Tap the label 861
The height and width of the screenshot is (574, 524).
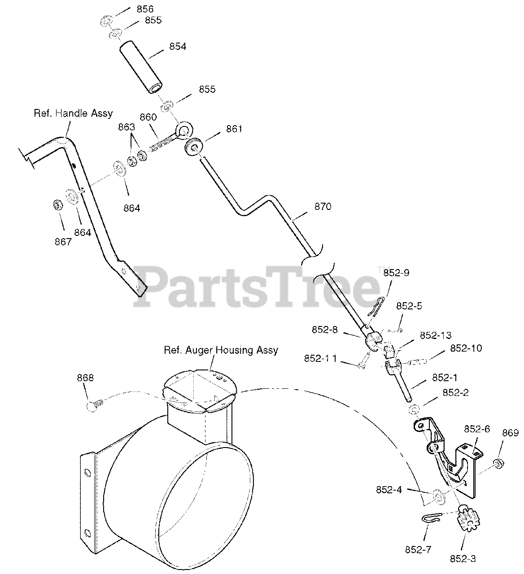[234, 129]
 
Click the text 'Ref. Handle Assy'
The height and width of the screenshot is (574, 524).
[73, 113]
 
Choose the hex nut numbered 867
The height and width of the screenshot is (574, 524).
[57, 205]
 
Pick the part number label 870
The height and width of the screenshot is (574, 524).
[323, 206]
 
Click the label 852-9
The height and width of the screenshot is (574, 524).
[396, 273]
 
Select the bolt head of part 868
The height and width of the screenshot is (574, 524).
[92, 406]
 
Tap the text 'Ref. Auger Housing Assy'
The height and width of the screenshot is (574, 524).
[221, 350]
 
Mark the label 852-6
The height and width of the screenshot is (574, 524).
[477, 429]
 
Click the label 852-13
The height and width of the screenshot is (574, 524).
[436, 335]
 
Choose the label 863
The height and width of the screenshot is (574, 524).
[127, 127]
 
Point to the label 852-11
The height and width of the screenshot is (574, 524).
[321, 359]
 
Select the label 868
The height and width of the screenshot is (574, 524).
[85, 378]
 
